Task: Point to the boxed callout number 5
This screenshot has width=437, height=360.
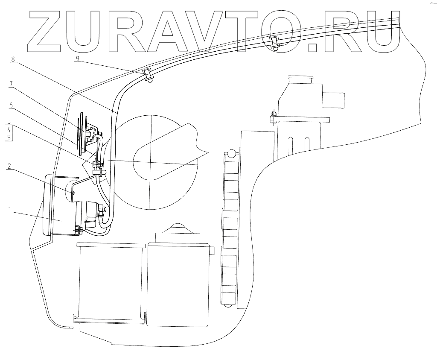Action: [x=9, y=137]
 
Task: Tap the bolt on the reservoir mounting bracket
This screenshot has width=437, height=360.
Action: [x=272, y=117]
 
